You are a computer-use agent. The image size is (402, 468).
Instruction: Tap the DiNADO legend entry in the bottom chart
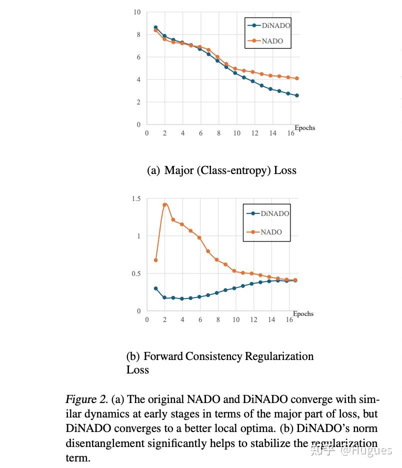click(x=274, y=213)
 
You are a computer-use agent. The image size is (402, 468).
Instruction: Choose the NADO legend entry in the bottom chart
click(x=271, y=232)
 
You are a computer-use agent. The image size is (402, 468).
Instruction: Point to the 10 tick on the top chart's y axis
click(x=136, y=12)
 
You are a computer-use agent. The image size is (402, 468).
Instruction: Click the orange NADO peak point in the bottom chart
click(x=164, y=204)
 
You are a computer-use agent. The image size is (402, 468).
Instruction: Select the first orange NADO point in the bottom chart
click(x=155, y=260)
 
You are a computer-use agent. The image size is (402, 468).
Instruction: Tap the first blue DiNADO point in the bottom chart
click(x=155, y=288)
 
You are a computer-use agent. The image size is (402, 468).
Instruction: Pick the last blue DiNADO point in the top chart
click(x=297, y=95)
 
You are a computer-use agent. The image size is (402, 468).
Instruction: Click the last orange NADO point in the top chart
click(x=297, y=78)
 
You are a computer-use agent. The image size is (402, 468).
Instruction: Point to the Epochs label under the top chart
click(x=304, y=127)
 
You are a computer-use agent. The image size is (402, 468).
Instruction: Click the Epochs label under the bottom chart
click(x=303, y=314)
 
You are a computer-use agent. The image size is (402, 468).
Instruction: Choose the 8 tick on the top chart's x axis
click(x=218, y=133)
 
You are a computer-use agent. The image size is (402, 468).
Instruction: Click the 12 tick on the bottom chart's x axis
click(x=253, y=319)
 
